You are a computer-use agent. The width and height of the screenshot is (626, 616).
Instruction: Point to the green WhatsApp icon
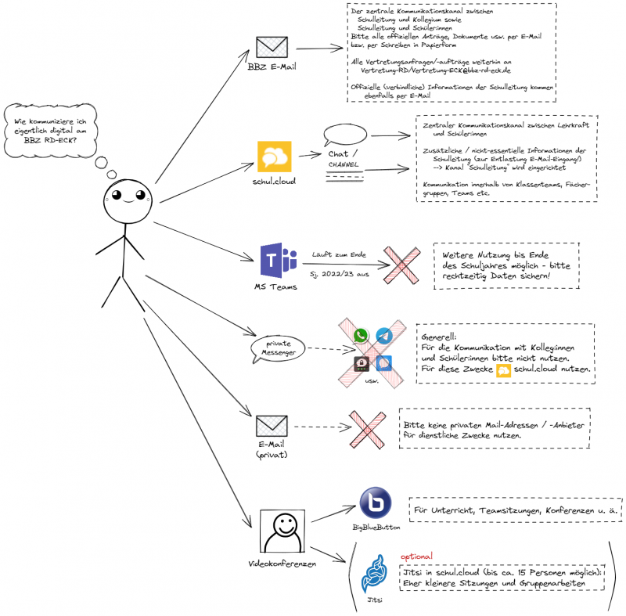coord(361,336)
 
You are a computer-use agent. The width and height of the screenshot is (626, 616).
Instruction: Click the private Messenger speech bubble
coord(277,348)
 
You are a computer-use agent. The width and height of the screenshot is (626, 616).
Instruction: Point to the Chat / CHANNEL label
coord(344,157)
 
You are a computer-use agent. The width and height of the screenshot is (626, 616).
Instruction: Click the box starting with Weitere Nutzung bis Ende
coord(506,266)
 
